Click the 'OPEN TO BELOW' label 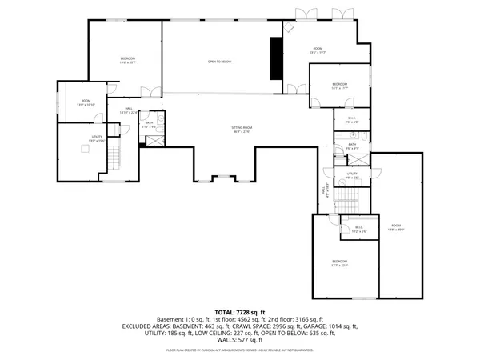click(x=220, y=61)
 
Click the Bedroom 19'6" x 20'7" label click(x=128, y=61)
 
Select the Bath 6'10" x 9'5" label click(x=149, y=125)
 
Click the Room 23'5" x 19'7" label click(x=318, y=52)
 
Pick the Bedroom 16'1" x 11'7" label click(x=340, y=86)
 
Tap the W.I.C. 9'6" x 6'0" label click(x=341, y=120)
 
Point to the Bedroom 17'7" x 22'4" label click(x=340, y=264)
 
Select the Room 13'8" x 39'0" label click(x=397, y=228)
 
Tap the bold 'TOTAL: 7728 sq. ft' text click(x=240, y=312)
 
